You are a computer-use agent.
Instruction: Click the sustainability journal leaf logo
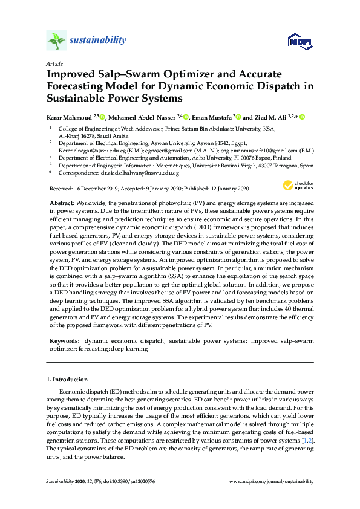(56, 41)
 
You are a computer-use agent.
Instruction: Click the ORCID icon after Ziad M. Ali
(302, 117)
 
